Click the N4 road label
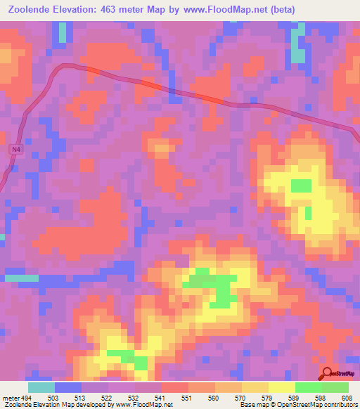(x=15, y=150)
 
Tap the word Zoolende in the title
(x=32, y=9)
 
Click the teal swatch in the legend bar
(x=41, y=387)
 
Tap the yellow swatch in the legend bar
(x=282, y=387)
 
